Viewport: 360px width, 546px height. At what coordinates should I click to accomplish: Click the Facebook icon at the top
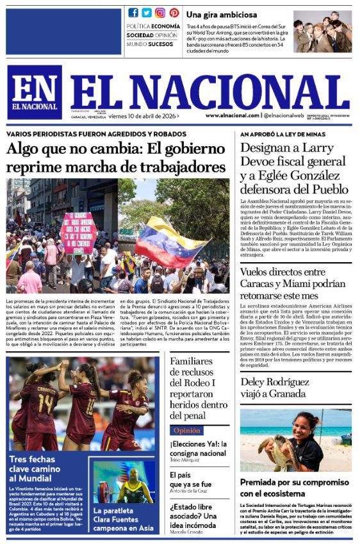[x=133, y=13]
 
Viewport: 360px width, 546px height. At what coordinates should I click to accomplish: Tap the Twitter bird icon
[x=147, y=13]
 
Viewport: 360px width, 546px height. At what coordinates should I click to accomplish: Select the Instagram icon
[x=160, y=13]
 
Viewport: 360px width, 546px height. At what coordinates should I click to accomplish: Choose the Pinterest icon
[x=174, y=13]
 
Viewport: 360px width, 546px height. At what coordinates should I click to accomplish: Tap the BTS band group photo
[x=322, y=31]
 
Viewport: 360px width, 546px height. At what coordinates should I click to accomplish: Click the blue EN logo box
[x=35, y=92]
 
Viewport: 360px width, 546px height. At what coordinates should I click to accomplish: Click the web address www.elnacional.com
[x=232, y=115]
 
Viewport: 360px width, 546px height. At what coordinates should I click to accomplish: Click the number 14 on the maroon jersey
[x=45, y=404]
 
